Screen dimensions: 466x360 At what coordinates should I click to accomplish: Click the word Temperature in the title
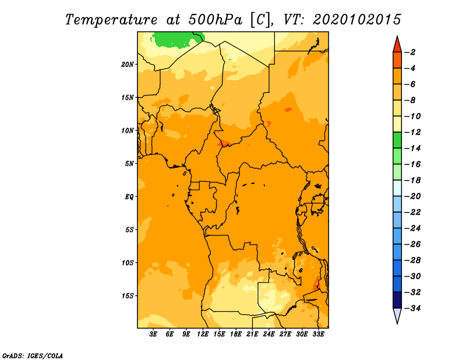click(111, 20)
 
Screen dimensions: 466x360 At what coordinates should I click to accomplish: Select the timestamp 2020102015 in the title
click(357, 20)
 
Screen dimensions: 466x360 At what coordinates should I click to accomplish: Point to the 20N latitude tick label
click(128, 65)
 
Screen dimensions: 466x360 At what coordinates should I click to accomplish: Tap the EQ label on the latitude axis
click(129, 197)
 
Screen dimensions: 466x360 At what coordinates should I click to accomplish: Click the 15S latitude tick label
click(128, 296)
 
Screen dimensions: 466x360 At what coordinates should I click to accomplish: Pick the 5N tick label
click(129, 164)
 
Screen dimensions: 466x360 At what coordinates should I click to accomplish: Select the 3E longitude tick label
click(153, 334)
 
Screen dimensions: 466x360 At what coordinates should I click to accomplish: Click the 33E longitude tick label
click(318, 334)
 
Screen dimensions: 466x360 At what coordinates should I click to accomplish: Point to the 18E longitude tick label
click(236, 334)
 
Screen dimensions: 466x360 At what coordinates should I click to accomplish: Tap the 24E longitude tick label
click(269, 334)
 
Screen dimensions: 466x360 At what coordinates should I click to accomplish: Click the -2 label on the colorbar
click(410, 52)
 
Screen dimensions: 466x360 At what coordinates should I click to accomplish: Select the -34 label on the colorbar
click(412, 308)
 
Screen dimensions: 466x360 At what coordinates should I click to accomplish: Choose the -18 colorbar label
click(412, 180)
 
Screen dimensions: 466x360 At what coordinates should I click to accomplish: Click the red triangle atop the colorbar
click(397, 45)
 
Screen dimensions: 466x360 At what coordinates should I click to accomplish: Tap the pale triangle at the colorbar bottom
click(397, 315)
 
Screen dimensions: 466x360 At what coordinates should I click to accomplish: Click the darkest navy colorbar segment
click(397, 300)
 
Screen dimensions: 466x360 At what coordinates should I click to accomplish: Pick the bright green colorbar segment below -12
click(397, 140)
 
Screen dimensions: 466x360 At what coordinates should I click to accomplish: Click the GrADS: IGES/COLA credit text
click(33, 356)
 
